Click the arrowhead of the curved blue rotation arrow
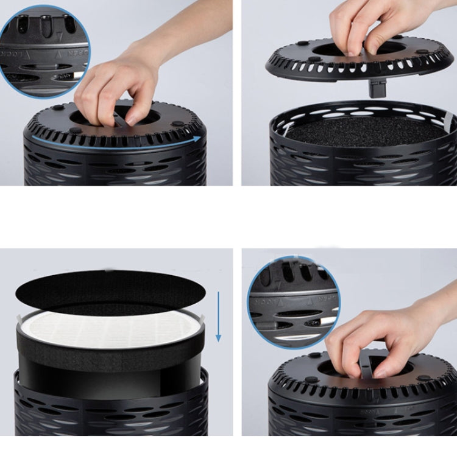pyautogui.click(x=198, y=139)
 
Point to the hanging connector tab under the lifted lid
pyautogui.click(x=373, y=88)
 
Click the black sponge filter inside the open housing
pyautogui.click(x=366, y=130)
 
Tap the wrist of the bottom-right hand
pyautogui.click(x=430, y=317)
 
